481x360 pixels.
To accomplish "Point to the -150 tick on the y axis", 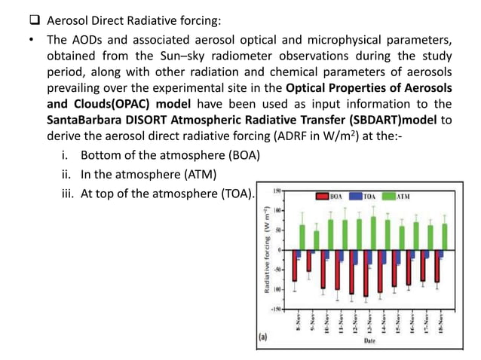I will [x=277, y=309].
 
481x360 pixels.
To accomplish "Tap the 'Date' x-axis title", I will [x=369, y=341].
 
